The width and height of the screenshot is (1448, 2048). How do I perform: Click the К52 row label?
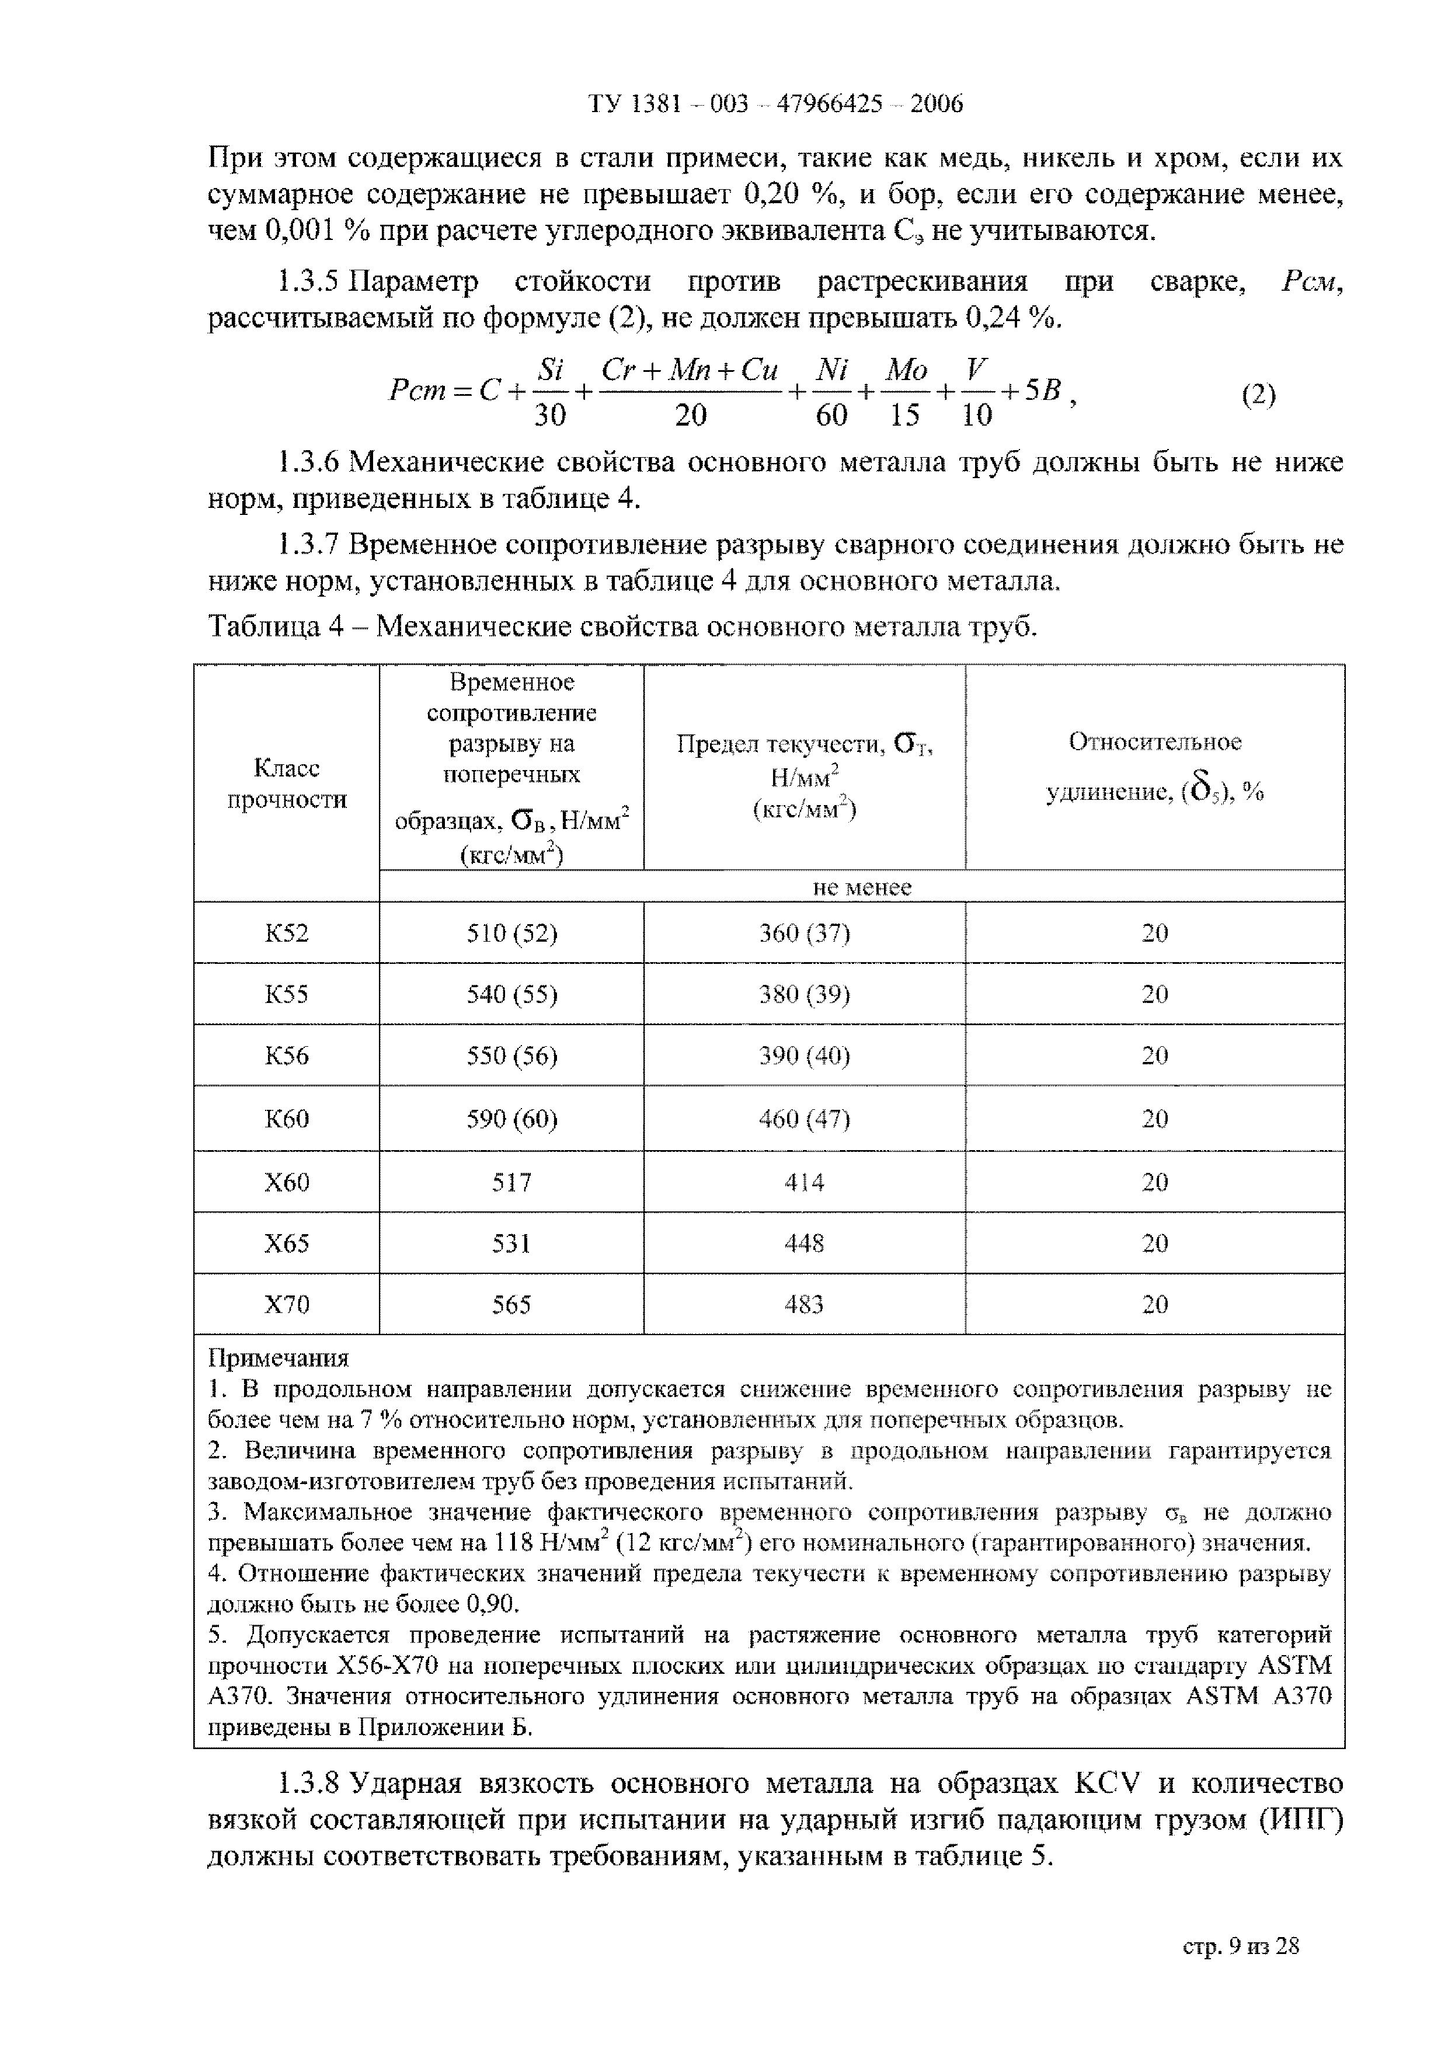(286, 933)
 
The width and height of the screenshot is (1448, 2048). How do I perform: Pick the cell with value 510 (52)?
(511, 933)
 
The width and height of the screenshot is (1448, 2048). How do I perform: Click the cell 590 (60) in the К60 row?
(511, 1119)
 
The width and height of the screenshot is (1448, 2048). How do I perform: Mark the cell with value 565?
(511, 1305)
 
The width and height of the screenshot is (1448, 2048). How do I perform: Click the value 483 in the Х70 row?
(804, 1305)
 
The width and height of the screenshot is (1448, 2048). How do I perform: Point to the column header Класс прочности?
(286, 783)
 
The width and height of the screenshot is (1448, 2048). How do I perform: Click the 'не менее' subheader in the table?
(861, 887)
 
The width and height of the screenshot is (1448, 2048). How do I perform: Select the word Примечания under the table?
(279, 1359)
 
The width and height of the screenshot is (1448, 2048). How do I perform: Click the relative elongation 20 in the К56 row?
(1154, 1056)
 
